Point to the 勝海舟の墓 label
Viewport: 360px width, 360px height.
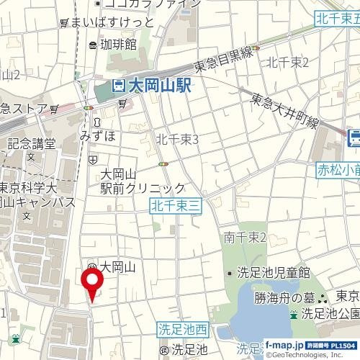tap(284, 297)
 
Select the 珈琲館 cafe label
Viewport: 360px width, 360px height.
tap(118, 45)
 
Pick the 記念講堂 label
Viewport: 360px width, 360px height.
tap(31, 144)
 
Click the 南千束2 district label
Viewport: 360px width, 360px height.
tap(245, 237)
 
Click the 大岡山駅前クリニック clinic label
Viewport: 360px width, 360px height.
tap(143, 181)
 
